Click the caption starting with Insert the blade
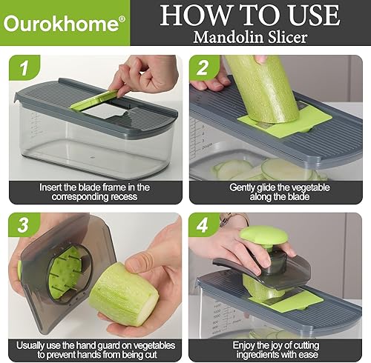pyautogui.click(x=94, y=193)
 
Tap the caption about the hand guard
pyautogui.click(x=94, y=348)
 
